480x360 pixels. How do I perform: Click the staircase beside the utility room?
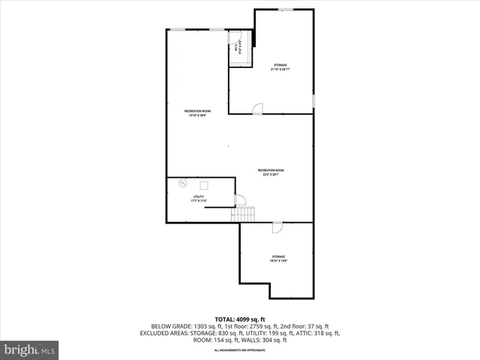coord(243,214)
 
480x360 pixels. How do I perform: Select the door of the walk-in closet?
coord(235,34)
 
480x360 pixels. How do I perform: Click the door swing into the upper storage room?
coord(257,109)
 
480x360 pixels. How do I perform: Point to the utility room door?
coord(240,200)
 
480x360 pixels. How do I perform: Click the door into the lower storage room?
coord(277,226)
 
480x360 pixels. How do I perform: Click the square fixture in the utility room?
coord(204,184)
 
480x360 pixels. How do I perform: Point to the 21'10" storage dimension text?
coord(280,69)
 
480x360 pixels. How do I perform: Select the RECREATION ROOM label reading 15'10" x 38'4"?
coord(197,113)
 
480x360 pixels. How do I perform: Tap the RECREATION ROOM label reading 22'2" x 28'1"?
coord(270,172)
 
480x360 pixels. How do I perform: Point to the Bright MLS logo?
coord(30,349)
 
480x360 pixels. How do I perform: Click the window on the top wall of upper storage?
coord(286,10)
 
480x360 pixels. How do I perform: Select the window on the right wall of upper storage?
coord(313,100)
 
